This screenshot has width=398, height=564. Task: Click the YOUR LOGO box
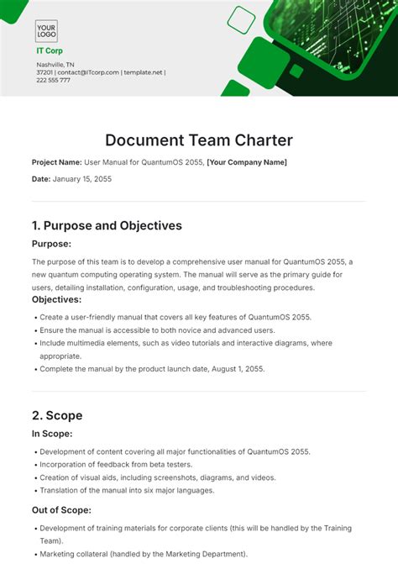coord(46,31)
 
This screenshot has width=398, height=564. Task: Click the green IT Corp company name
coord(49,50)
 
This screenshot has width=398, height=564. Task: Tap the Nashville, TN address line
coord(55,64)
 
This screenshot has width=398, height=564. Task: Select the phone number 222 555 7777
coord(54,81)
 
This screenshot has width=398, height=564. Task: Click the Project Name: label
coord(56,162)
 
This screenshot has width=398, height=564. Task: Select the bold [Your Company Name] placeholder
coord(247,162)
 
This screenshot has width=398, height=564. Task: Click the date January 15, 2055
coord(82,179)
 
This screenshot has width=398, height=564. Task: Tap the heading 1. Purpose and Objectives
coord(107,225)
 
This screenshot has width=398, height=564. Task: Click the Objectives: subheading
coord(56,299)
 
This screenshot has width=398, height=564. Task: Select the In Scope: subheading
coord(52,434)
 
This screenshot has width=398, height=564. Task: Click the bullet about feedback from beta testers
coord(117,464)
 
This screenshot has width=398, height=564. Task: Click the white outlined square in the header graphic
coord(241,19)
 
